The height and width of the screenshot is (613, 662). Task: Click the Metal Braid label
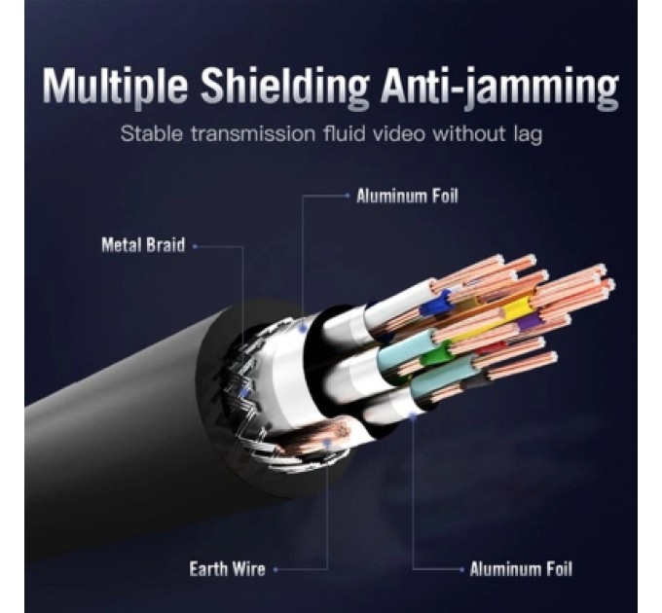point(142,245)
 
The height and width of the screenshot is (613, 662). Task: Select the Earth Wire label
point(227,569)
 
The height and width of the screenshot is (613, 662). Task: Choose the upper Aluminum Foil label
point(407,196)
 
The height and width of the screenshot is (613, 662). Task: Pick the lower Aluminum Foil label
point(521,569)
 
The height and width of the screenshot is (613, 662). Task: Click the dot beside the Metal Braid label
point(195,246)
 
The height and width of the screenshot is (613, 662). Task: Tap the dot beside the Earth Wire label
point(276,569)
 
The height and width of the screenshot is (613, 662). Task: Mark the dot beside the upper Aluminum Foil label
point(348,196)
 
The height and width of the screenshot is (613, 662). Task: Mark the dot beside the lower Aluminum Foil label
point(460,569)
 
